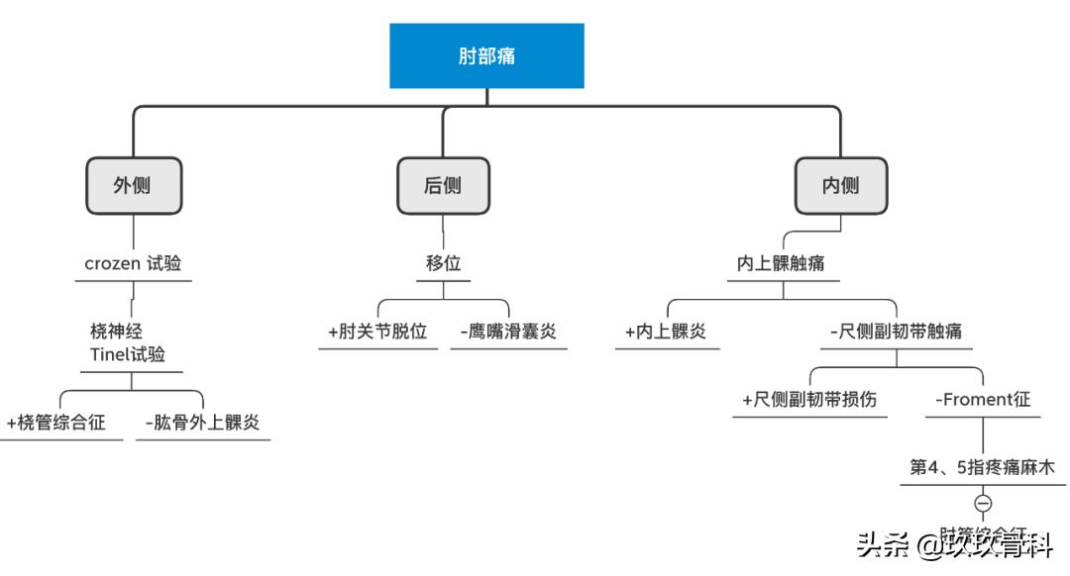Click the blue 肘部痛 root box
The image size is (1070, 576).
(486, 56)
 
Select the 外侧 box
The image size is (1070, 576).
(132, 185)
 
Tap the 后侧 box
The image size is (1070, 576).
(443, 185)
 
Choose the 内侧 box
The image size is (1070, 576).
(840, 185)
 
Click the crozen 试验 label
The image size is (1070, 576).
(133, 264)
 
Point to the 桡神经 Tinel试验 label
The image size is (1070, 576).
(123, 341)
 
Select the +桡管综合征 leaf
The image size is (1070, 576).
(56, 423)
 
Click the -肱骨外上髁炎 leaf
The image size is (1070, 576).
(202, 423)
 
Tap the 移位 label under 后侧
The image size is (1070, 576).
(443, 264)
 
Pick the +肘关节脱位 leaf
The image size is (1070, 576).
(376, 332)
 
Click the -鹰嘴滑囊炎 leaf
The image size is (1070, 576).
(507, 332)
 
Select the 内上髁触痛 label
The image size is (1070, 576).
(783, 264)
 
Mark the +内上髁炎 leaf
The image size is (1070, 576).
(666, 332)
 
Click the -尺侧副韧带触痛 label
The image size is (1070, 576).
(896, 332)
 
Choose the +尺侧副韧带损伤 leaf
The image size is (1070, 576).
(809, 400)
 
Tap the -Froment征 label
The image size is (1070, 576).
(983, 400)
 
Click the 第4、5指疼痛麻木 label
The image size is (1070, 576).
(982, 467)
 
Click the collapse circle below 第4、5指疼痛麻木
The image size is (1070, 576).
(983, 503)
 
